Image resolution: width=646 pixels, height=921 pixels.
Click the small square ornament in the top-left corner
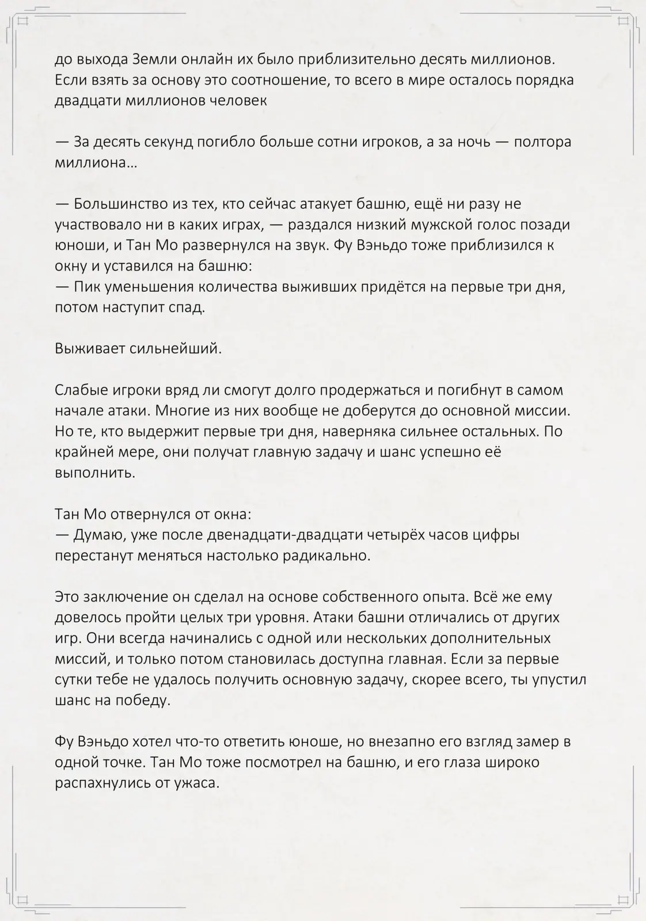click(23, 21)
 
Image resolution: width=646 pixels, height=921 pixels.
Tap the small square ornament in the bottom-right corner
click(623, 899)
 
